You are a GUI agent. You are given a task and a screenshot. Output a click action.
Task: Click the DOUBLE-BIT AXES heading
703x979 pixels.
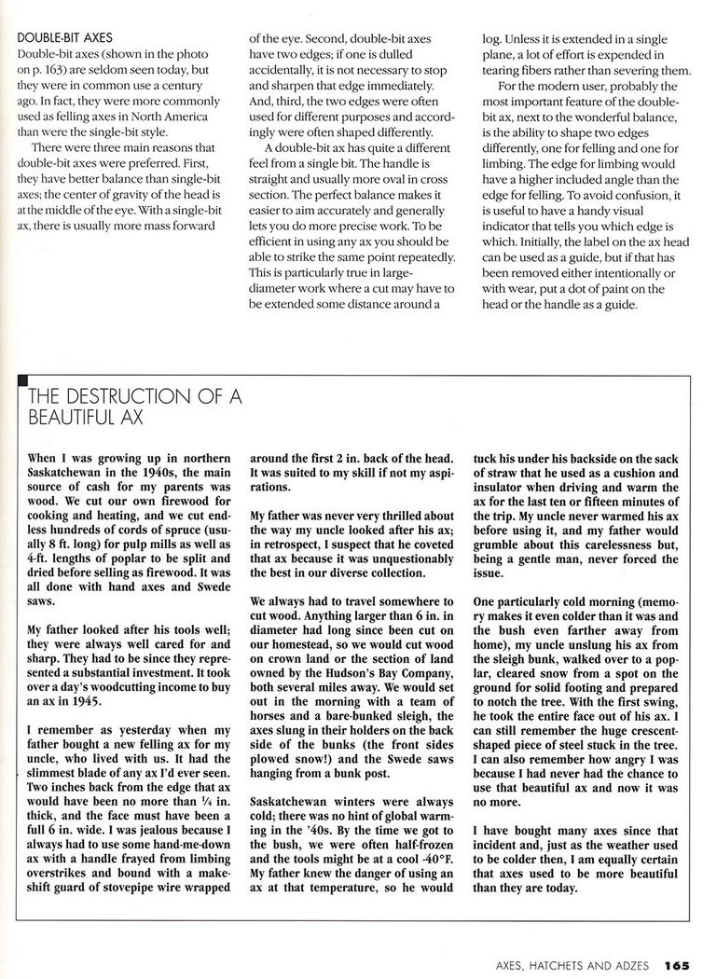pos(63,38)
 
